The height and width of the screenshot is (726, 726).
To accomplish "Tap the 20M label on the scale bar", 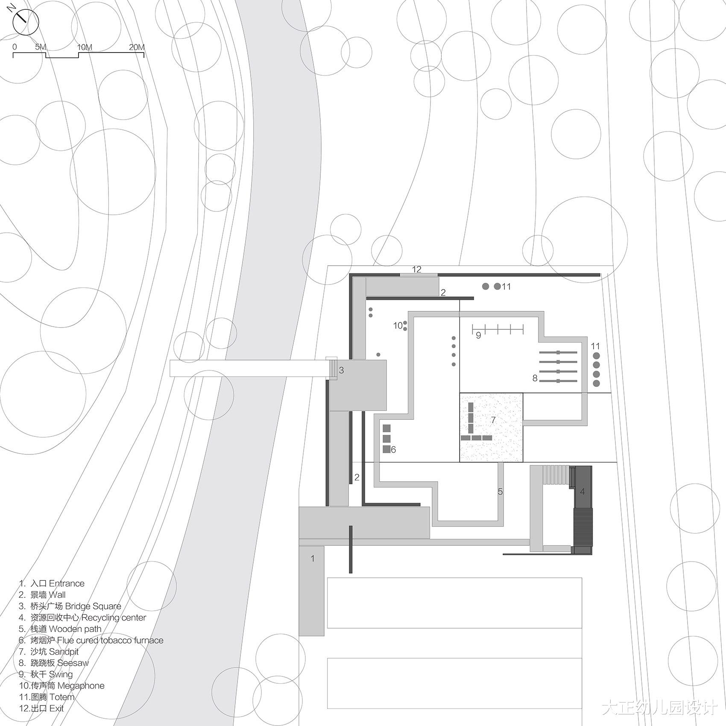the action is click(x=137, y=47).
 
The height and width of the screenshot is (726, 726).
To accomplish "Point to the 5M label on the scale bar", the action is click(x=40, y=47).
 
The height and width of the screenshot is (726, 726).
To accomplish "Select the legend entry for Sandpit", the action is click(x=49, y=652).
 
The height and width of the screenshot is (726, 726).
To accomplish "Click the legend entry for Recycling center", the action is click(x=82, y=618).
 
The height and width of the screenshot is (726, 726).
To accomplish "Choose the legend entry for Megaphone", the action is click(x=61, y=686).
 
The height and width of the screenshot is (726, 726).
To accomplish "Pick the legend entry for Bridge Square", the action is click(x=70, y=606).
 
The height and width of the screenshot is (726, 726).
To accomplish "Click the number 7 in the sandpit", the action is click(x=493, y=420).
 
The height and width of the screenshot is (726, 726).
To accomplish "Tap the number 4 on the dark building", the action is click(x=582, y=492).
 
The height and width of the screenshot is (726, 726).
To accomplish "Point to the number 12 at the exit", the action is click(x=417, y=269).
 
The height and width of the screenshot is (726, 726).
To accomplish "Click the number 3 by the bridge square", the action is click(x=341, y=371).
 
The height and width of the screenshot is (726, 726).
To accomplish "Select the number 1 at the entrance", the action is click(x=313, y=559).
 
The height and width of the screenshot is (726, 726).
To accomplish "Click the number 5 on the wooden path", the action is click(x=500, y=492).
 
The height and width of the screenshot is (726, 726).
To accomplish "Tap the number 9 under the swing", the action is click(x=478, y=336).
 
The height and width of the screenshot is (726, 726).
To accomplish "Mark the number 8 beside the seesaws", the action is click(x=535, y=378).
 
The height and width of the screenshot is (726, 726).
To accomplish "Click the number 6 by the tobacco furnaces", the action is click(x=393, y=450).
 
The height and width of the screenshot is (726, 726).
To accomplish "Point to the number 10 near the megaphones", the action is click(x=398, y=326).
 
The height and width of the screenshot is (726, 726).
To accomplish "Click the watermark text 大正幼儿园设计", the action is click(x=659, y=708).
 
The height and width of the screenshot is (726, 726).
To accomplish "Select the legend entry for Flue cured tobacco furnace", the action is click(x=91, y=640).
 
